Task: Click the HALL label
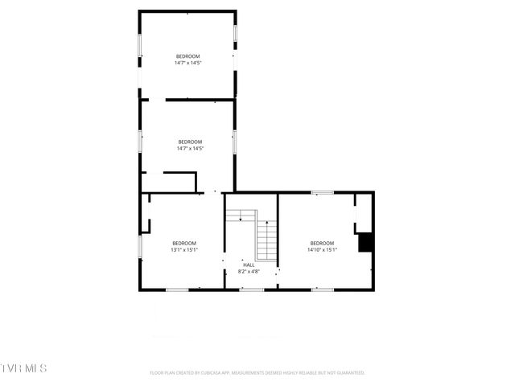249,264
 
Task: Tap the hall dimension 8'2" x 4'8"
249,271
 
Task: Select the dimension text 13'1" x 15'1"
184,249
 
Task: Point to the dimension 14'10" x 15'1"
322,249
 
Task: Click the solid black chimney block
365,242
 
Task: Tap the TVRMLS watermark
24,368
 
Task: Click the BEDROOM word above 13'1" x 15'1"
184,243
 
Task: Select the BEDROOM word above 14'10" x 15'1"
322,243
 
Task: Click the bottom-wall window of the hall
251,289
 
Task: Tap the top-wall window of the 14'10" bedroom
323,192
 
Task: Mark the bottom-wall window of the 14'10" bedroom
323,289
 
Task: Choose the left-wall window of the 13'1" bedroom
140,245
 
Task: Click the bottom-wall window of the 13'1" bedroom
177,289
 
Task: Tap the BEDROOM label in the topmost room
188,55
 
